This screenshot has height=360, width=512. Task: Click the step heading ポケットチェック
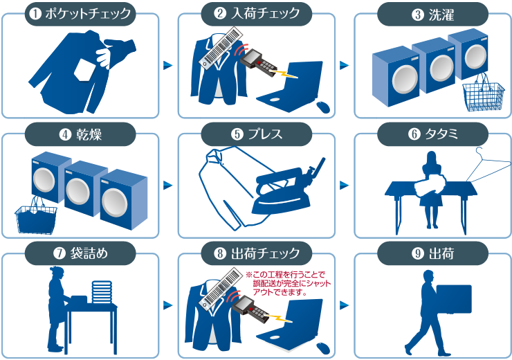(x=88, y=14)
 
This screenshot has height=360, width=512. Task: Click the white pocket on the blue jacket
(x=85, y=71)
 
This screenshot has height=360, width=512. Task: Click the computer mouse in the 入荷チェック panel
(x=323, y=107)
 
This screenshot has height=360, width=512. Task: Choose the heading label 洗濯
(x=441, y=15)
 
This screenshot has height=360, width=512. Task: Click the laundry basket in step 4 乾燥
(x=36, y=215)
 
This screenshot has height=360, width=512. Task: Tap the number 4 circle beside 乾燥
(x=65, y=134)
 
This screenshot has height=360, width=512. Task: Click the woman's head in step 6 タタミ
(x=431, y=157)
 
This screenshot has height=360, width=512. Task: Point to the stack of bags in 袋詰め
(x=102, y=292)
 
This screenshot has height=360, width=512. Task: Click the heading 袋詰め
(x=89, y=254)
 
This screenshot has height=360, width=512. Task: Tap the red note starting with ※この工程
(x=289, y=283)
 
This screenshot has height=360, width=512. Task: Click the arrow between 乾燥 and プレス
(x=168, y=186)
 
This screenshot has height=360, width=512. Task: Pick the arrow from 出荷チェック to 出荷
(x=344, y=305)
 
